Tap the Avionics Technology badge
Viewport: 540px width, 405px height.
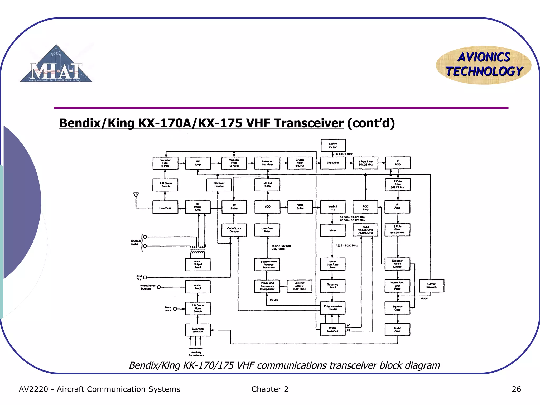484,65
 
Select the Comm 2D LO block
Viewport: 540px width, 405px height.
333,145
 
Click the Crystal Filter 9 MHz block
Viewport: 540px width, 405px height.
300,163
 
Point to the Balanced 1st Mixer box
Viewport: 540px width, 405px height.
267,163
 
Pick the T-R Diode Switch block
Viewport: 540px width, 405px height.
165,185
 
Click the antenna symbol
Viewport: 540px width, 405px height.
136,195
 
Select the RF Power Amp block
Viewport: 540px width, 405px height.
198,207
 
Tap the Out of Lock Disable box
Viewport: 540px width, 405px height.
234,230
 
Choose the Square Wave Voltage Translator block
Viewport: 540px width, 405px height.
267,264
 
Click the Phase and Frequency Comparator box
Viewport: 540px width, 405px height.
267,286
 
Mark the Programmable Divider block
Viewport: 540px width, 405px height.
333,308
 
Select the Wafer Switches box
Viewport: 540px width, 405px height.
333,330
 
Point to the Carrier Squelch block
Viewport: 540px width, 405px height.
431,286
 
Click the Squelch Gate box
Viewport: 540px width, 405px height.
397,308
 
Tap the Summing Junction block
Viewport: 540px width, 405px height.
198,330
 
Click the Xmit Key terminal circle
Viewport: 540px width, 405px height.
145,277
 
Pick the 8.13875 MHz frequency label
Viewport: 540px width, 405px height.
344,154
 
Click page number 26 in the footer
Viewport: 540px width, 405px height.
516,389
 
